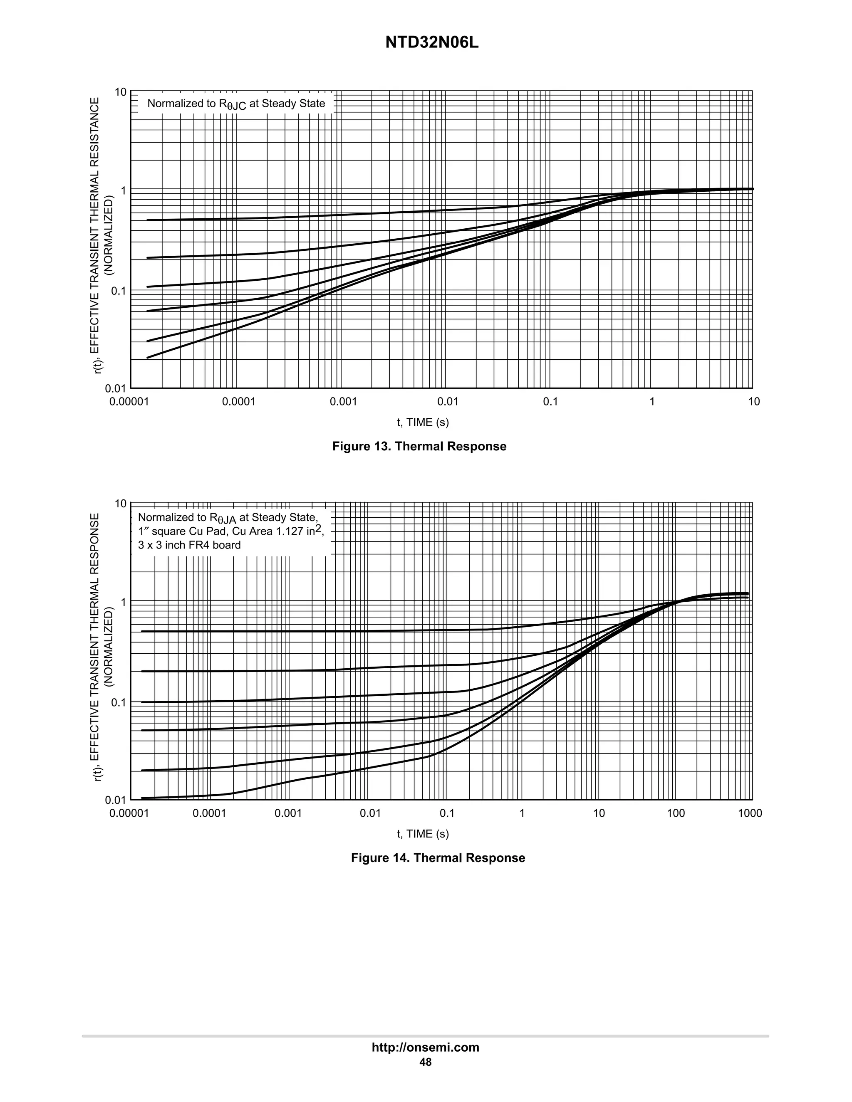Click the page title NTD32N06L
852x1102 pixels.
[x=431, y=43]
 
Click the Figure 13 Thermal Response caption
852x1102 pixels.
[x=419, y=446]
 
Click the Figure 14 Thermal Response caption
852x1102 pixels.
[x=438, y=858]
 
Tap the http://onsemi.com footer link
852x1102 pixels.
[x=425, y=1047]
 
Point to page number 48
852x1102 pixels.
[x=425, y=1062]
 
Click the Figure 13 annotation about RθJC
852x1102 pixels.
[x=236, y=104]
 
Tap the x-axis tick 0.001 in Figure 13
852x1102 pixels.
[x=343, y=402]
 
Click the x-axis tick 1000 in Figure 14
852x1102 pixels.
[x=750, y=813]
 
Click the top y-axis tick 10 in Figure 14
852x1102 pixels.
[x=121, y=504]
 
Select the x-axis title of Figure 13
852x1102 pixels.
[x=423, y=423]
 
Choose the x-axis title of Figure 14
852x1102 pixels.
[x=423, y=834]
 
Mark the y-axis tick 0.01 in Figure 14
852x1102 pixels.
[x=116, y=800]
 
